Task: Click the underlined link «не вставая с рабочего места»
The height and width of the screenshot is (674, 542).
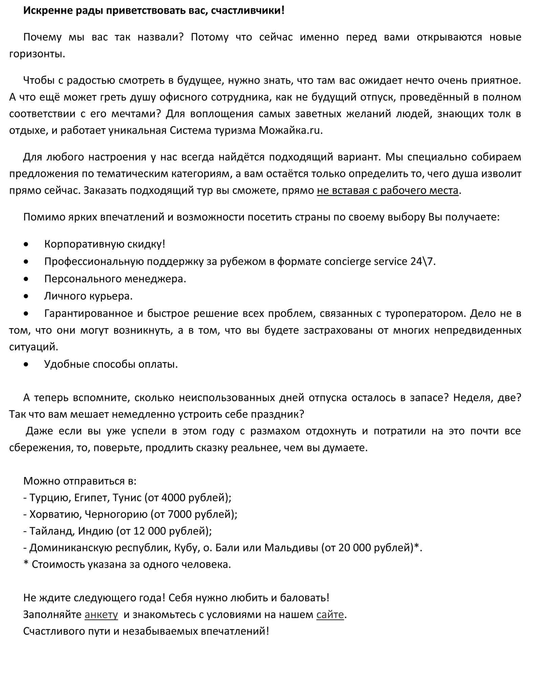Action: click(388, 190)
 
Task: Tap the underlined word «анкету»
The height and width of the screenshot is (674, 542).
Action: click(101, 614)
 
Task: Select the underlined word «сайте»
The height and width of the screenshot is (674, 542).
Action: click(330, 614)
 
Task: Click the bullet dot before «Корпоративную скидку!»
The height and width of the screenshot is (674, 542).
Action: click(26, 244)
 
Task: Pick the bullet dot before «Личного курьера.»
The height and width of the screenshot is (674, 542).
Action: click(26, 296)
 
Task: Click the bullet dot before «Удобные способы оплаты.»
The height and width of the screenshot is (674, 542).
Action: click(26, 364)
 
